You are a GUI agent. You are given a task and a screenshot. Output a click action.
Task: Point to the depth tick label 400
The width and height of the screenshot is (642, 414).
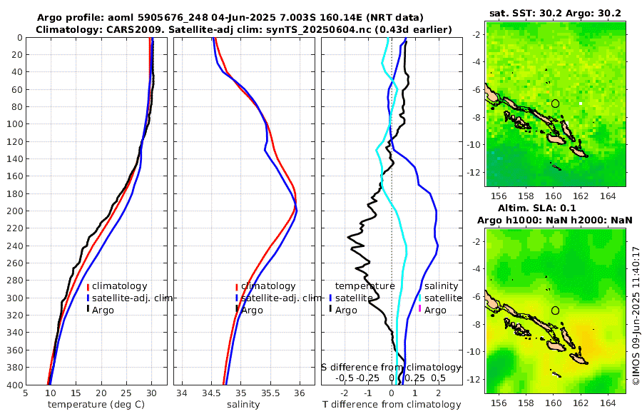(13, 385)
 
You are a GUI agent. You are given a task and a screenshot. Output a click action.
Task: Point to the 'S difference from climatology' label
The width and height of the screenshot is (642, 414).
(391, 367)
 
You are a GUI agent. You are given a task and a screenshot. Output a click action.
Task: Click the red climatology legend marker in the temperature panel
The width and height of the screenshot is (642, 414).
(88, 286)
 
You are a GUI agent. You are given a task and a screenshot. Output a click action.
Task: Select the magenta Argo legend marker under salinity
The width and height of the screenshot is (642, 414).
(420, 310)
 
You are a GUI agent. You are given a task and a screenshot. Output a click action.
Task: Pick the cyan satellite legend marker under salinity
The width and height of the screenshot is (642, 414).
(420, 298)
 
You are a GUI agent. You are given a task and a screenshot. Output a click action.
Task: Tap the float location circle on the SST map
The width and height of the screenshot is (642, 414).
(555, 103)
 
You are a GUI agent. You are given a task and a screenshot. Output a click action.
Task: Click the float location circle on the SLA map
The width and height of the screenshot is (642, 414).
(555, 310)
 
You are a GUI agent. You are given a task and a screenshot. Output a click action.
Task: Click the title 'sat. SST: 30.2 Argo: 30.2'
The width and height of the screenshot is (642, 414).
(556, 14)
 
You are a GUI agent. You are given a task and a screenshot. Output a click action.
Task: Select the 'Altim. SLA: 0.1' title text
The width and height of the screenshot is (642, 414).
(555, 208)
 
